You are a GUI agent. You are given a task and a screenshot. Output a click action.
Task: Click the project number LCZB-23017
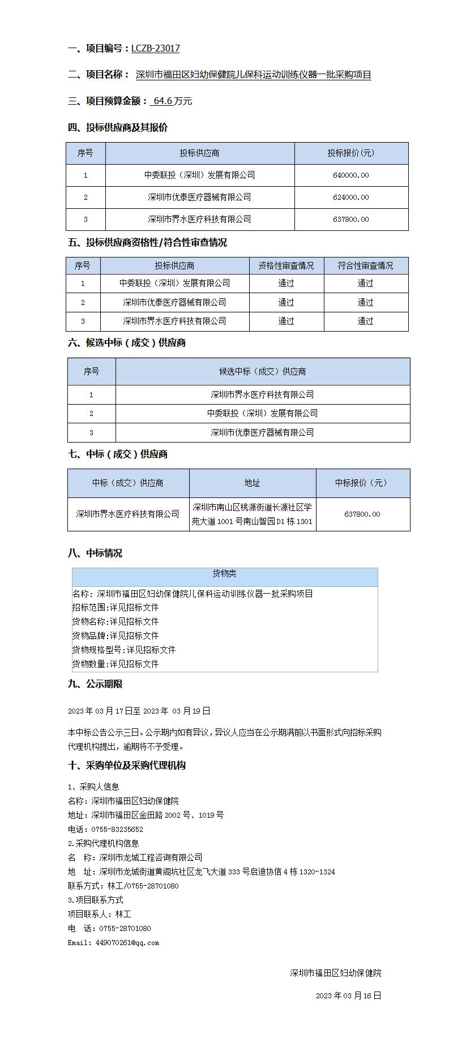click(x=155, y=49)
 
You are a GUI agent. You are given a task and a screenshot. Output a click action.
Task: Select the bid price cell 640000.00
click(x=351, y=175)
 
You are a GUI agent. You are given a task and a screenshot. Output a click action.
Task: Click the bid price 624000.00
click(x=351, y=198)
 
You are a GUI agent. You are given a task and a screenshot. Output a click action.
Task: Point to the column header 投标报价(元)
click(x=351, y=153)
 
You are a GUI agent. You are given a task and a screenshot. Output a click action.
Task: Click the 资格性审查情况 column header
click(x=286, y=266)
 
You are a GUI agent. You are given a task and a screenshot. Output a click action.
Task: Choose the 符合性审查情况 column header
click(x=365, y=266)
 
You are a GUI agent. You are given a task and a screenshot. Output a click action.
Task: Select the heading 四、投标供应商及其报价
click(x=118, y=127)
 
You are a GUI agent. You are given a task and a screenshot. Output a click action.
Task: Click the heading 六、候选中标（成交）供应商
click(x=127, y=343)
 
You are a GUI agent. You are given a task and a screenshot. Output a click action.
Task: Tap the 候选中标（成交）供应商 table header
click(x=262, y=372)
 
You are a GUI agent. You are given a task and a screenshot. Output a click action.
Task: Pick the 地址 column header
click(x=252, y=483)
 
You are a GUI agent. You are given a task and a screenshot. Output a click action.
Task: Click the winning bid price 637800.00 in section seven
click(x=362, y=514)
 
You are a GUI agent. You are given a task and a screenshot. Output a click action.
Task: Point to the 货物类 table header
click(x=224, y=574)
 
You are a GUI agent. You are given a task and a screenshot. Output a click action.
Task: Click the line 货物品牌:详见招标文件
click(x=116, y=636)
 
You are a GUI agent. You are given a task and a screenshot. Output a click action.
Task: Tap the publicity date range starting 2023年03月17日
click(x=139, y=711)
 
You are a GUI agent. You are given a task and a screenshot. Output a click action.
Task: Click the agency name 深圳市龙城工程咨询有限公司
click(x=151, y=858)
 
